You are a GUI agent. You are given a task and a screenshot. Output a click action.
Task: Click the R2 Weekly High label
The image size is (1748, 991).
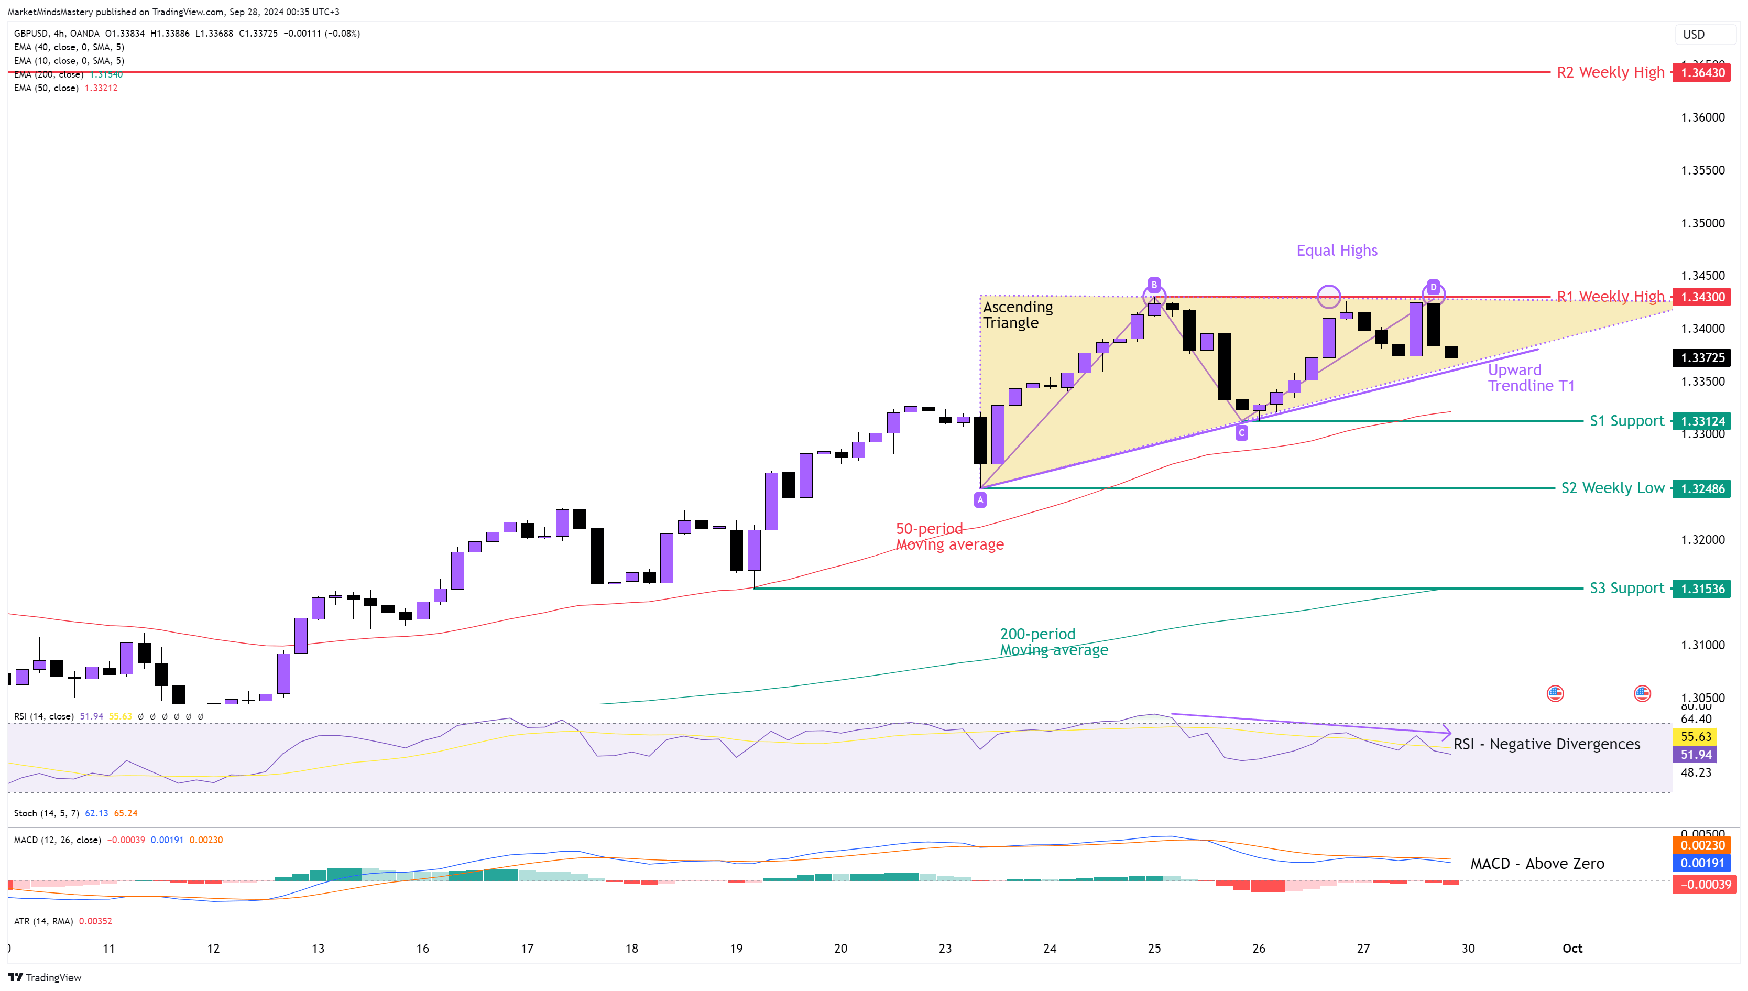pyautogui.click(x=1610, y=72)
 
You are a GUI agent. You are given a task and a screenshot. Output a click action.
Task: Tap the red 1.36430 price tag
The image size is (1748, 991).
pyautogui.click(x=1702, y=73)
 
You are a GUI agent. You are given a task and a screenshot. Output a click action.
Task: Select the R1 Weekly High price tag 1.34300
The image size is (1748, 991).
pyautogui.click(x=1702, y=297)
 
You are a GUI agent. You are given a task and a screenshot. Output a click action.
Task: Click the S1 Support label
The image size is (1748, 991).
pyautogui.click(x=1626, y=421)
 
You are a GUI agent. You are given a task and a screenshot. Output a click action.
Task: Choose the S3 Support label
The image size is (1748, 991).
pyautogui.click(x=1626, y=588)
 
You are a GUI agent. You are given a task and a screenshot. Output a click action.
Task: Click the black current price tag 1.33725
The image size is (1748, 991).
pyautogui.click(x=1702, y=358)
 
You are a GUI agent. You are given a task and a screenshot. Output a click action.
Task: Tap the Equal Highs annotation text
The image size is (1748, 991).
pyautogui.click(x=1336, y=251)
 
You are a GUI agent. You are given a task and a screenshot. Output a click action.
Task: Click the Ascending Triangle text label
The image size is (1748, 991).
pyautogui.click(x=1017, y=315)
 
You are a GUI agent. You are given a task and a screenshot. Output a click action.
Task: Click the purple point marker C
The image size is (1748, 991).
pyautogui.click(x=1241, y=433)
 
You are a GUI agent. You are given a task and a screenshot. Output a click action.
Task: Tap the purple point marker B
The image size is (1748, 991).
pyautogui.click(x=1153, y=285)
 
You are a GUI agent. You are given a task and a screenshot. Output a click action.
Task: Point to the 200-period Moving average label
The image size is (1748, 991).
pyautogui.click(x=1053, y=642)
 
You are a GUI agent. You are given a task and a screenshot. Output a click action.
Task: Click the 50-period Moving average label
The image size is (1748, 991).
pyautogui.click(x=949, y=536)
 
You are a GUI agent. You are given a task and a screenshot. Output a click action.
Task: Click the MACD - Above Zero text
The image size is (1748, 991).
pyautogui.click(x=1536, y=864)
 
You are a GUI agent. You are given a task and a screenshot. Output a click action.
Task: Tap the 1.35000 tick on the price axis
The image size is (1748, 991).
pyautogui.click(x=1702, y=223)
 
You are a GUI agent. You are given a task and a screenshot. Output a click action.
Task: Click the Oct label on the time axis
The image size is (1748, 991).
pyautogui.click(x=1572, y=948)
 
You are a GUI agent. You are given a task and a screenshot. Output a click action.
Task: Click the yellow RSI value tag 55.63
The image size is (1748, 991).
pyautogui.click(x=1695, y=736)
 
